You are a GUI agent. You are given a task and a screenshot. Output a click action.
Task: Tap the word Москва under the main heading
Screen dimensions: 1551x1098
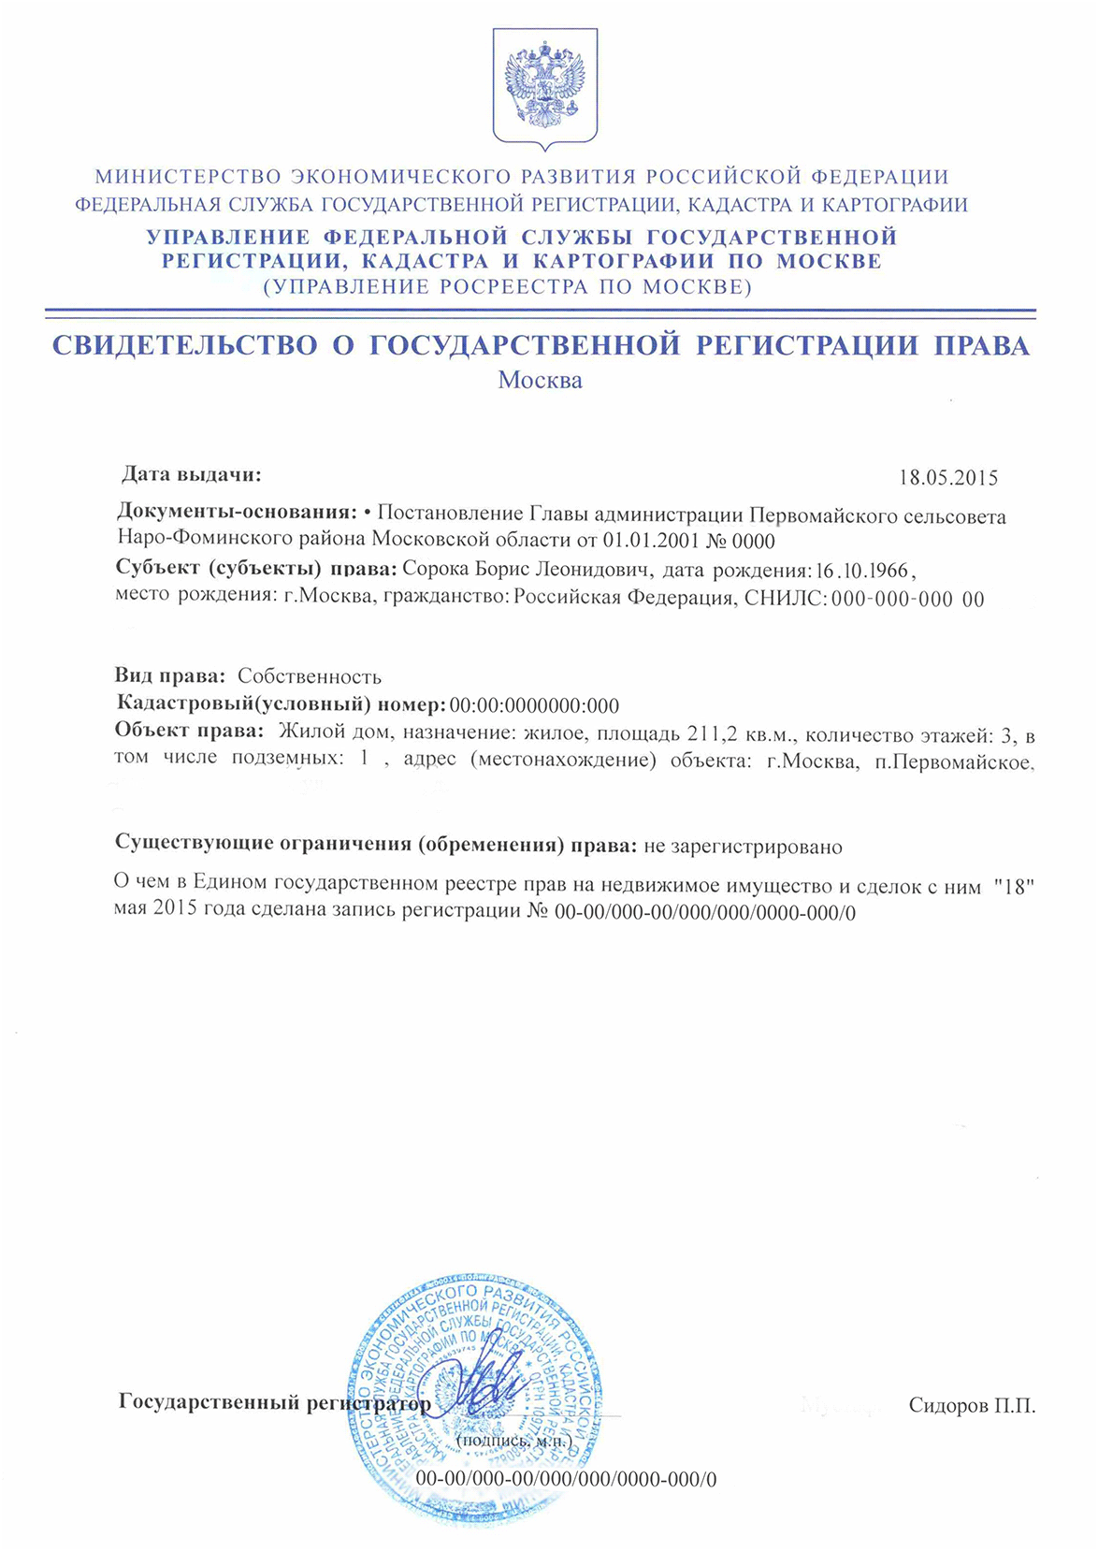click(540, 381)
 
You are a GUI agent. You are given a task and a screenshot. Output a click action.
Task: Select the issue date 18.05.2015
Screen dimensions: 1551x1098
click(947, 478)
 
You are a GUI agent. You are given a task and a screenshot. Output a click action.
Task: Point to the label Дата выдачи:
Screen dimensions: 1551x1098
click(192, 474)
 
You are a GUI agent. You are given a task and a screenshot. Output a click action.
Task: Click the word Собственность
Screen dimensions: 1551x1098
click(310, 676)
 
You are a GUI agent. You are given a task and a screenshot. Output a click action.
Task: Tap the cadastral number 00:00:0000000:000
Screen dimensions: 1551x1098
click(534, 705)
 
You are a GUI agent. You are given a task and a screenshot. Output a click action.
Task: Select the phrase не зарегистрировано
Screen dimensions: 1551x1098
click(744, 847)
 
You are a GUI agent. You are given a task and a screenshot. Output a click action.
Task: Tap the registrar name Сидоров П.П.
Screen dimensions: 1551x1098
click(972, 1405)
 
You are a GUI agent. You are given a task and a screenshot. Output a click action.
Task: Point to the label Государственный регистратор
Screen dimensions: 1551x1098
click(275, 1403)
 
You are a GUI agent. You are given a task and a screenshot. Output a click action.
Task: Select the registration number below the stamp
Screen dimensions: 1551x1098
click(566, 1479)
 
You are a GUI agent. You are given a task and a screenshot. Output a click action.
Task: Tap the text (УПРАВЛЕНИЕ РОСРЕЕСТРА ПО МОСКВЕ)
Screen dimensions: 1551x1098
click(507, 287)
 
